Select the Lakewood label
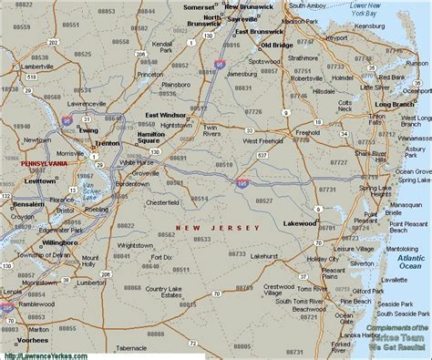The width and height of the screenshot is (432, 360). point(300,222)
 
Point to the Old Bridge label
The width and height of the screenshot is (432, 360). point(275,45)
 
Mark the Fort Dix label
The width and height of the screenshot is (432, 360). point(163,258)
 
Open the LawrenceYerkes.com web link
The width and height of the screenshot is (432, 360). point(41,355)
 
